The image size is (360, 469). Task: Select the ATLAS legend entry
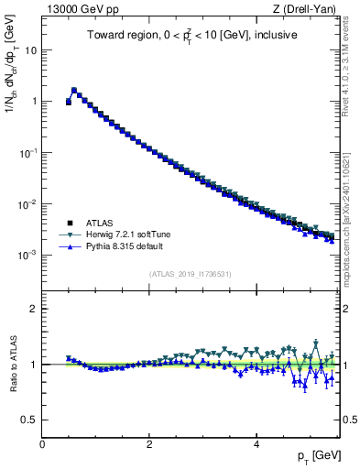tap(97, 223)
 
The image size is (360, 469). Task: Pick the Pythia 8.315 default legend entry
tap(122, 247)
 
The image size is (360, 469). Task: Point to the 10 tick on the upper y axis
tap(32, 50)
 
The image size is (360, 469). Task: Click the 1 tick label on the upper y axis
tap(35, 102)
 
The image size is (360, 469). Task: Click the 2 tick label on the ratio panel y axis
tap(35, 309)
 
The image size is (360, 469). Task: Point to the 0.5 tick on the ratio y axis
tap(30, 420)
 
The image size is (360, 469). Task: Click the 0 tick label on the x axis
tap(42, 443)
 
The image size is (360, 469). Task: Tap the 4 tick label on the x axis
tap(256, 443)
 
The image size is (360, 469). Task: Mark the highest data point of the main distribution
tap(74, 91)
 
